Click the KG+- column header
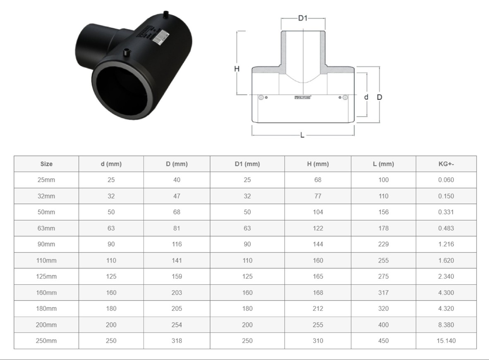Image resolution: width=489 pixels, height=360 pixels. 446,164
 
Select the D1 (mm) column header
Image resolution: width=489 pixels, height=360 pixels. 247,164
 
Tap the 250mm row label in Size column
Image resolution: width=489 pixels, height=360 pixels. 46,341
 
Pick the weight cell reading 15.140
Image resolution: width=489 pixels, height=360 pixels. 446,341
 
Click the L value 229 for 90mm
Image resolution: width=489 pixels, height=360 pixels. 384,244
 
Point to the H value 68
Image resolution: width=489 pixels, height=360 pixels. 318,180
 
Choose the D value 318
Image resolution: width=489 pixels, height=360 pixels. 177,341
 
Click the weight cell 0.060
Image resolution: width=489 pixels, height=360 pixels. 446,180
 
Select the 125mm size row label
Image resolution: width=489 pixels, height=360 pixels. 46,277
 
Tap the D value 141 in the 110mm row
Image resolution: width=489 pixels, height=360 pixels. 177,260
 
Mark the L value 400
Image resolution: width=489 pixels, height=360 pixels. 384,325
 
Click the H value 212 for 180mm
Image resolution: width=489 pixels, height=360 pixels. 318,309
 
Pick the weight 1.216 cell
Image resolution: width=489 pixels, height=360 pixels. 446,244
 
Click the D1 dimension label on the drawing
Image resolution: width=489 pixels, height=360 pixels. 303,18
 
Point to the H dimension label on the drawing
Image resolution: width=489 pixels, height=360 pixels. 237,69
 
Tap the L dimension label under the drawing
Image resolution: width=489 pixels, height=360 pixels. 302,135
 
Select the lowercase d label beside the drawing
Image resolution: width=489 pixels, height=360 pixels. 366,97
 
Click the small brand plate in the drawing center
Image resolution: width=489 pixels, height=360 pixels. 303,98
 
